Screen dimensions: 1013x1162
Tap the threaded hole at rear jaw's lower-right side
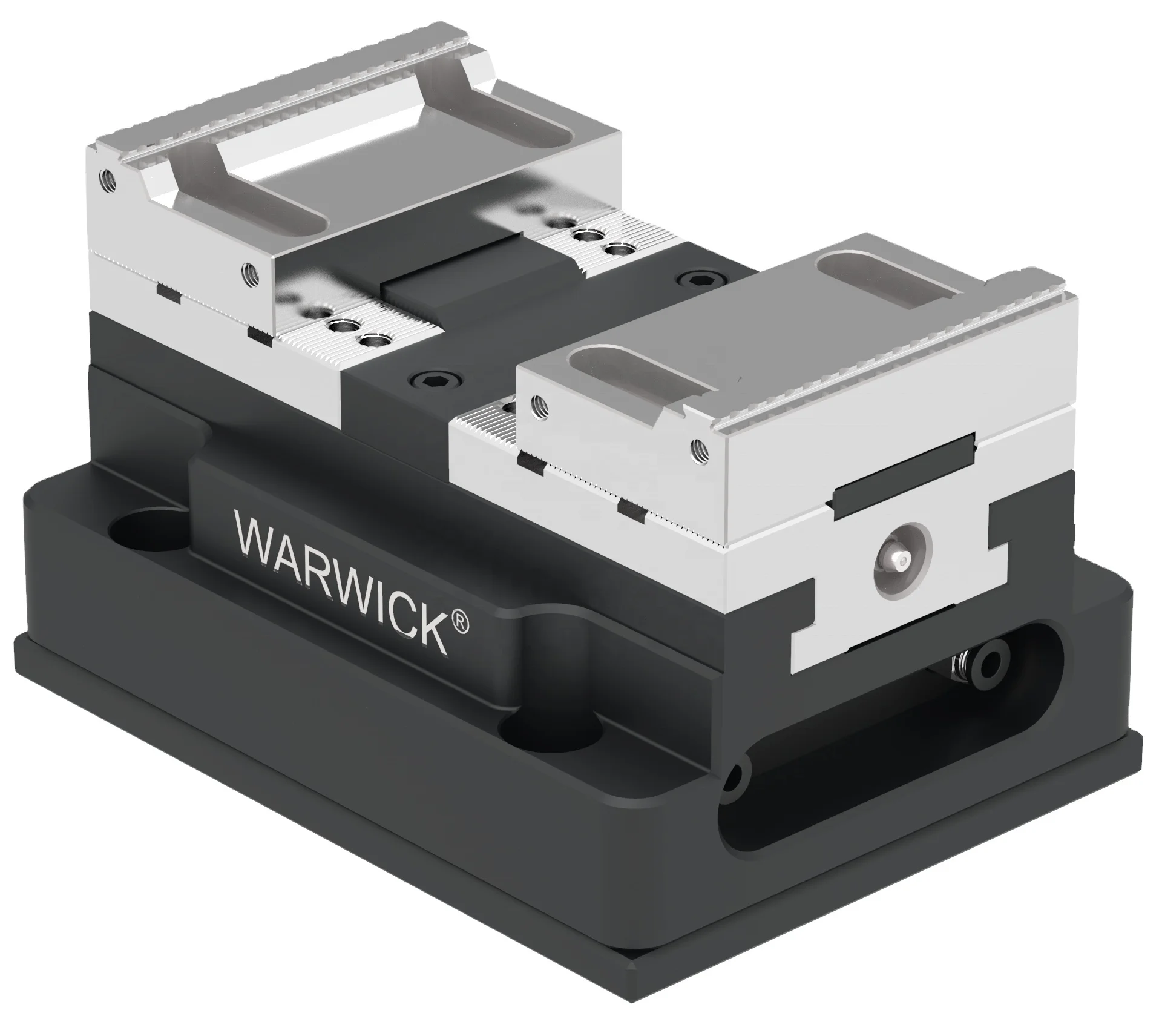248,274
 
